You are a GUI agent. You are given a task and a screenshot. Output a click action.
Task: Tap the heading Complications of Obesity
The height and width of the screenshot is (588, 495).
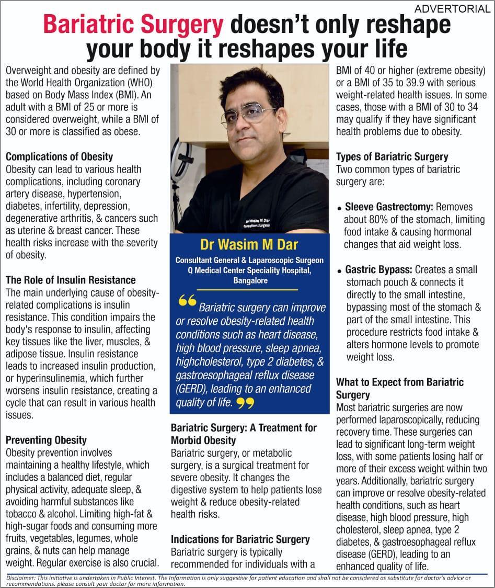[59, 156]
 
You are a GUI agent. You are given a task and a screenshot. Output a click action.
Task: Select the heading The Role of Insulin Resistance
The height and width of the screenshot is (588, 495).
[71, 280]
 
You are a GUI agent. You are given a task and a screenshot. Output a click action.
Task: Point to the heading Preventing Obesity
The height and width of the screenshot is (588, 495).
[46, 440]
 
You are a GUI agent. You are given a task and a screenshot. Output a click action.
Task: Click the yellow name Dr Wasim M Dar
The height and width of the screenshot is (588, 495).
[249, 245]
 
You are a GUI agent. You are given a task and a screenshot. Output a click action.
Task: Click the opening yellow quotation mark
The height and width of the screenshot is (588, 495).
[187, 302]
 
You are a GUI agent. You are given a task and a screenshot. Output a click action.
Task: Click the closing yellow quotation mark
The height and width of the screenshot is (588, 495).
[245, 403]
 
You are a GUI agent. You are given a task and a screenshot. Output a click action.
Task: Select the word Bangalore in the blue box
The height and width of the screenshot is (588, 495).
[250, 280]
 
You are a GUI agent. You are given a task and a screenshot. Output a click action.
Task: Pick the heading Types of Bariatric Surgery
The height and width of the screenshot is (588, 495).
[392, 156]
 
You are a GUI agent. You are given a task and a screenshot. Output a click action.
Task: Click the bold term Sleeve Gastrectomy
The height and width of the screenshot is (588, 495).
[389, 207]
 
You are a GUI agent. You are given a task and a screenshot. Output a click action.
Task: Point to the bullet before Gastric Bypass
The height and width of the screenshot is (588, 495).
[340, 272]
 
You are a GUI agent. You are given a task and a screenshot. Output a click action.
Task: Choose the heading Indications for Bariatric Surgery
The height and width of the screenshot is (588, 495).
[240, 539]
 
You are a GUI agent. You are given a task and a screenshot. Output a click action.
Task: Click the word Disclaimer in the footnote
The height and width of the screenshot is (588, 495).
[19, 578]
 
